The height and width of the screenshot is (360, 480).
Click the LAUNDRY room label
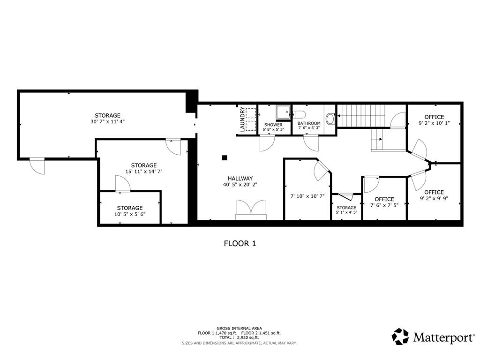point(242,119)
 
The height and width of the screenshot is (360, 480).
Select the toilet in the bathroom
point(299,114)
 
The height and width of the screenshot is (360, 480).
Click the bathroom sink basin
point(330,119)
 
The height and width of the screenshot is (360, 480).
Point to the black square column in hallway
point(225,158)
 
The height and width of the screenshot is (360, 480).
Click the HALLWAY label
point(240,179)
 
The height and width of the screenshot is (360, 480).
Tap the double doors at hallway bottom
point(251,210)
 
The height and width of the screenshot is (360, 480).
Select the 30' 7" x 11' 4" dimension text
point(107,121)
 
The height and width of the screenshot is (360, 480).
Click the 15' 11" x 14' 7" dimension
point(144,172)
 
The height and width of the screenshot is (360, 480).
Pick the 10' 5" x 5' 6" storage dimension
point(130,214)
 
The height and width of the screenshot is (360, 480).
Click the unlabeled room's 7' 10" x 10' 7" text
point(307,196)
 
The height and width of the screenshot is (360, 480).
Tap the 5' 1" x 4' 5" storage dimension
point(346,212)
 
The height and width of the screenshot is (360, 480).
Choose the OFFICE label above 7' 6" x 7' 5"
point(384,199)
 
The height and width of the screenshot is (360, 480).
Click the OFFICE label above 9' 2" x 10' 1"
point(434,117)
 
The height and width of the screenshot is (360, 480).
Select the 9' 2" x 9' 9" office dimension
point(434,198)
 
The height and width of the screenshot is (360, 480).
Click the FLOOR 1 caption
point(240,244)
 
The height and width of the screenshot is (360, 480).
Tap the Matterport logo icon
point(400,337)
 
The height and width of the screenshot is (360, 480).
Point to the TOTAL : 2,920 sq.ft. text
point(239,337)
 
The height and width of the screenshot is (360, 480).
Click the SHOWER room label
point(273,125)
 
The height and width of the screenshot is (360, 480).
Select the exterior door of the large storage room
point(37,165)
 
